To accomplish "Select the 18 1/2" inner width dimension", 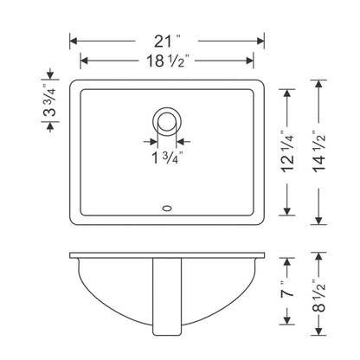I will point(167,61).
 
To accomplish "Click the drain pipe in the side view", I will point(166,299).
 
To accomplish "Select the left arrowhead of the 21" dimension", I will point(74,41).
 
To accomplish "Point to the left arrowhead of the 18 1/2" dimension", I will point(84,61).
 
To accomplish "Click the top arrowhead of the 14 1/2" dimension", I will point(321,85).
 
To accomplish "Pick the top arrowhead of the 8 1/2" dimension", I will point(321,257).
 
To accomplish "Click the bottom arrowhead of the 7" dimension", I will point(287,333).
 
